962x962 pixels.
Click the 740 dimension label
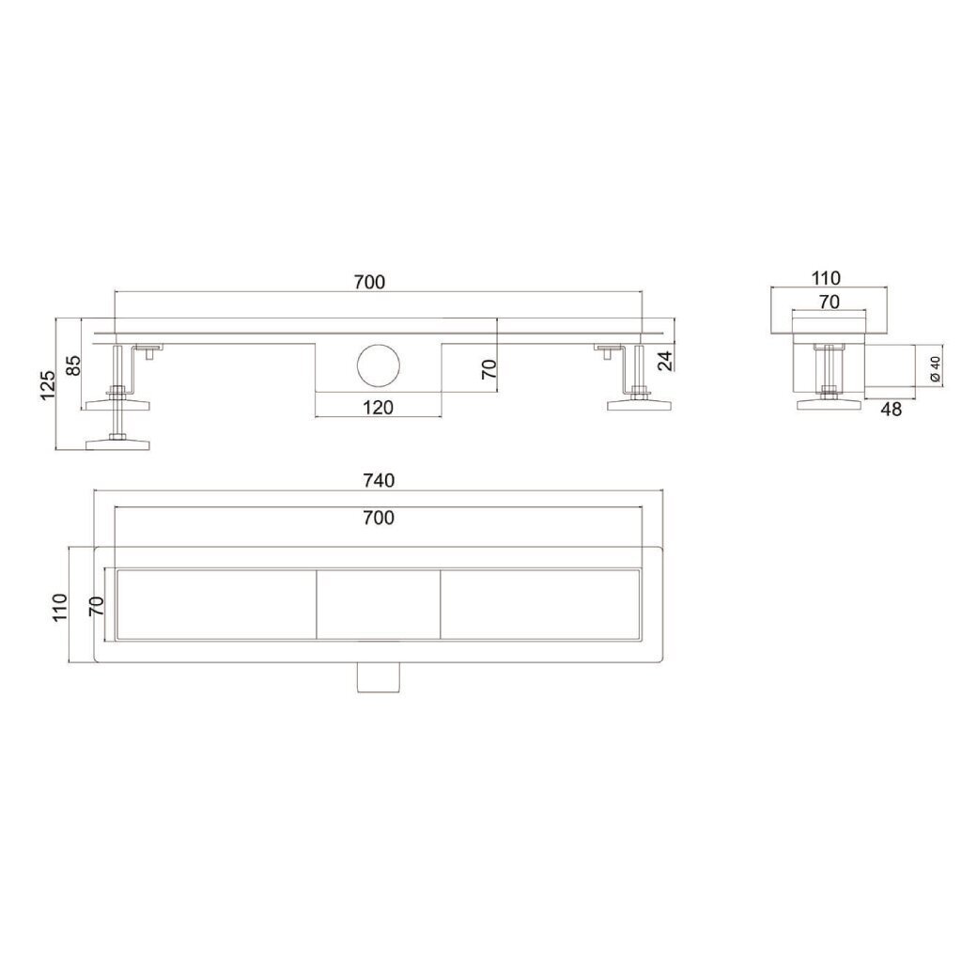click(x=379, y=480)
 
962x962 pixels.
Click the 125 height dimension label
click(x=47, y=384)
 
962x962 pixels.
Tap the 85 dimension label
click(x=73, y=366)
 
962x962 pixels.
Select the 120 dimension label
click(x=378, y=408)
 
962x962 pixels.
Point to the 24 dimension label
click(x=665, y=361)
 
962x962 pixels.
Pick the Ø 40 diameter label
click(x=936, y=368)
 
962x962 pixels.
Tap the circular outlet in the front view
click(x=379, y=365)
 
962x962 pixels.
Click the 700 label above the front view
click(x=369, y=282)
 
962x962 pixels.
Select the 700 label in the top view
click(x=379, y=518)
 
